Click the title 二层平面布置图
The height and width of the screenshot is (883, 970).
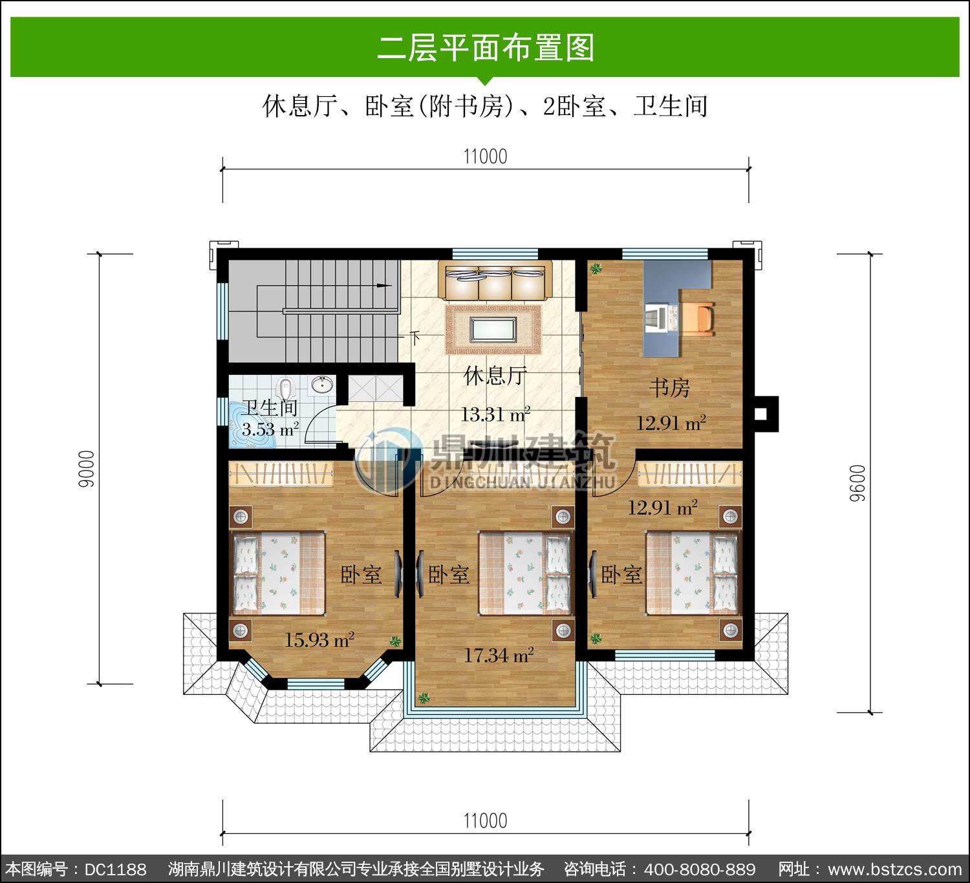click(x=485, y=48)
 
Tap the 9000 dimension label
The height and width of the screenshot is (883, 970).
click(x=87, y=469)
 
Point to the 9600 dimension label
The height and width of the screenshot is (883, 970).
click(x=857, y=483)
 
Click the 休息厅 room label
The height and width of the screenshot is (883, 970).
click(x=495, y=376)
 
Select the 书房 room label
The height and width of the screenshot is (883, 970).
click(x=669, y=388)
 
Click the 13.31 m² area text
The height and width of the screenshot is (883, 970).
click(x=495, y=414)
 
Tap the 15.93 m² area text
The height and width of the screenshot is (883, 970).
click(x=319, y=640)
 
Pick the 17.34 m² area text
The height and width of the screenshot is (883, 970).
click(x=499, y=655)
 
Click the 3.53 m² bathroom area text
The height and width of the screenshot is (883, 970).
click(x=270, y=429)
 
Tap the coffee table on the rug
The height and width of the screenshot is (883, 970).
click(x=493, y=330)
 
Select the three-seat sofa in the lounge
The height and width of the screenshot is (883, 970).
click(x=495, y=281)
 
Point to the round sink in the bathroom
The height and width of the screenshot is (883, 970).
click(x=321, y=385)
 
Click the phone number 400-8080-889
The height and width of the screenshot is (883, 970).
click(x=700, y=869)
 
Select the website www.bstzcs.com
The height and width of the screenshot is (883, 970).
click(x=894, y=869)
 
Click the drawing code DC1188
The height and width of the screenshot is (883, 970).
click(x=116, y=869)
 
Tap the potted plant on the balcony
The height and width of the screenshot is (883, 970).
click(x=424, y=697)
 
